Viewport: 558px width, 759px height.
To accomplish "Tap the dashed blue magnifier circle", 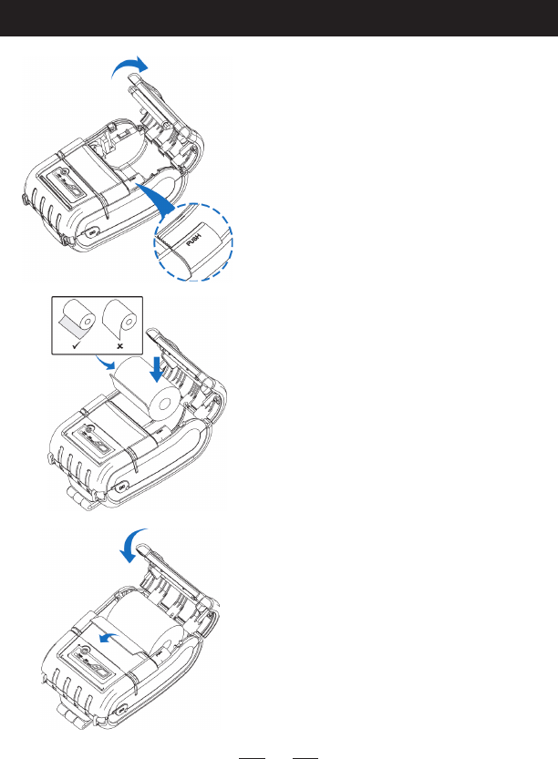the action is (193, 241).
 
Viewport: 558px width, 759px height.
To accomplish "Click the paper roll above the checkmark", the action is (79, 322).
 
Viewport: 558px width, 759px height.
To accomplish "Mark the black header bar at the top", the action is (279, 18).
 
